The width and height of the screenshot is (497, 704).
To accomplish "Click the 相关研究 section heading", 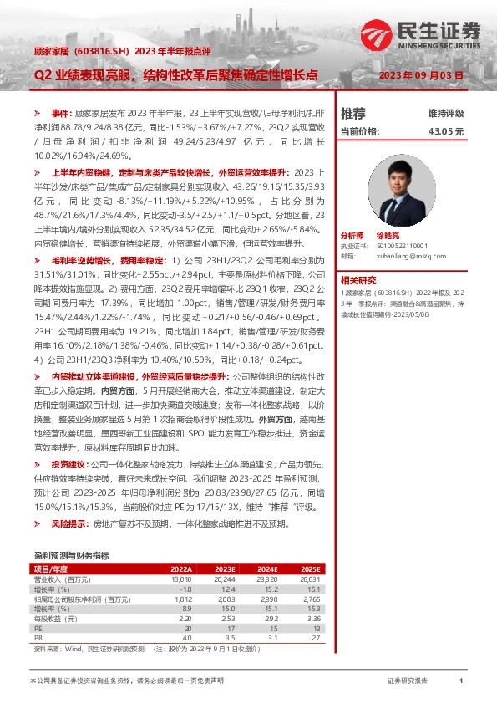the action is [358, 279].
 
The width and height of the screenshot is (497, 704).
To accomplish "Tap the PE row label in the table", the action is [38, 629].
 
